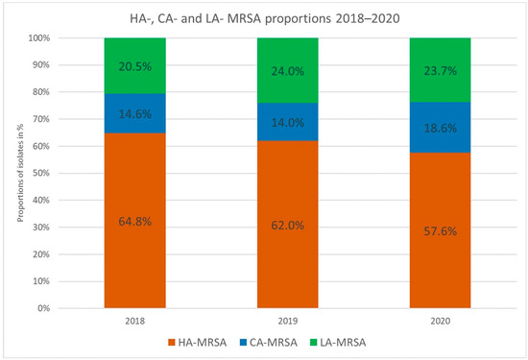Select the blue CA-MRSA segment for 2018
135,113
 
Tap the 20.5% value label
135,65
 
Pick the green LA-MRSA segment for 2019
287,70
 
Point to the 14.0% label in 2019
287,122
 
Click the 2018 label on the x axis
135,321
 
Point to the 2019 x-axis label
287,321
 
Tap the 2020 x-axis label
440,321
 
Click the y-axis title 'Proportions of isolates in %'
17,174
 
